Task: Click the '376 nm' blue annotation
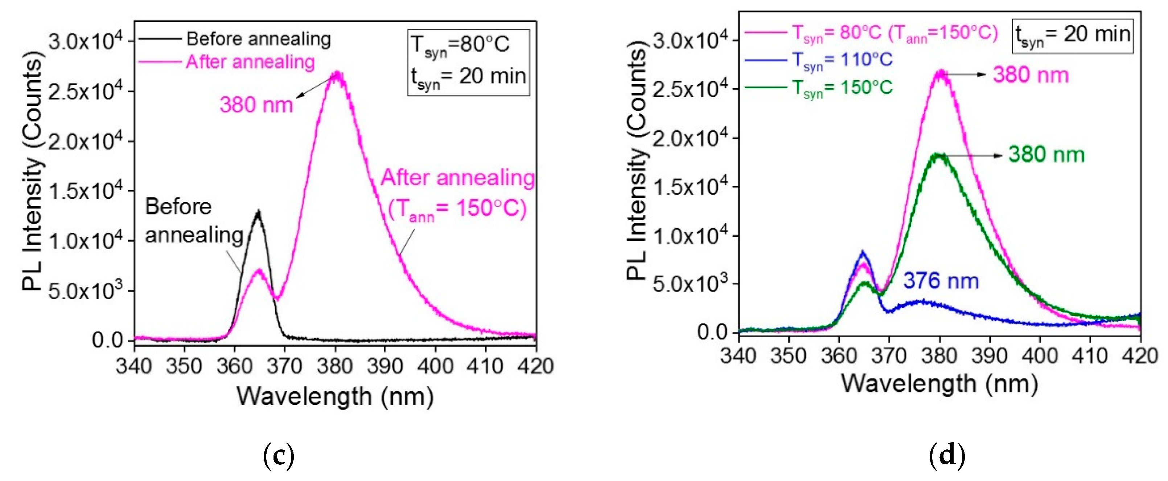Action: coord(941,281)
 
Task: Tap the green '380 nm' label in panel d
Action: coord(1046,155)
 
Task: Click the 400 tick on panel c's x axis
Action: coord(435,366)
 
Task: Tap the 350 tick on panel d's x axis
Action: coord(789,355)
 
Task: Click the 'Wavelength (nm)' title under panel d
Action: coord(939,384)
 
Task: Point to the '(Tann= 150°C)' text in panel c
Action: coord(457,209)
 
